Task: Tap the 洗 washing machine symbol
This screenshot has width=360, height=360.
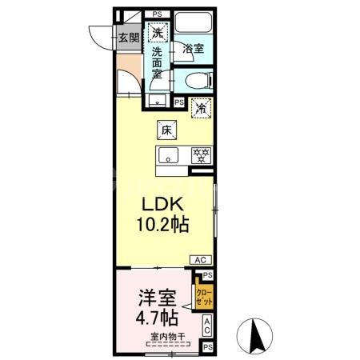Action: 159,34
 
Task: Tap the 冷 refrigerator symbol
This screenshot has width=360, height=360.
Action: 202,104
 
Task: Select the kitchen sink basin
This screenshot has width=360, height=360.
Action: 170,154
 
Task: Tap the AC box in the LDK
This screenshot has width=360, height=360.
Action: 201,260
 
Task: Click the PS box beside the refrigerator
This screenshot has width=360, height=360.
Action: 178,103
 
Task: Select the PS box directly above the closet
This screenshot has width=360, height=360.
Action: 207,274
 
